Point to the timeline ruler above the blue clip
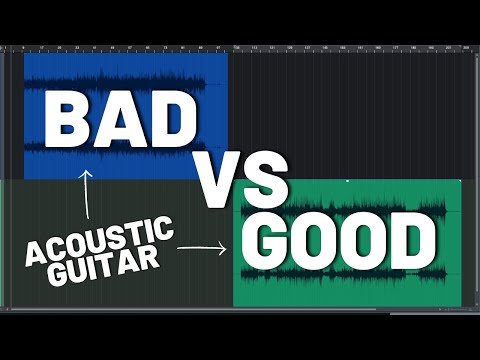coord(120,47)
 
